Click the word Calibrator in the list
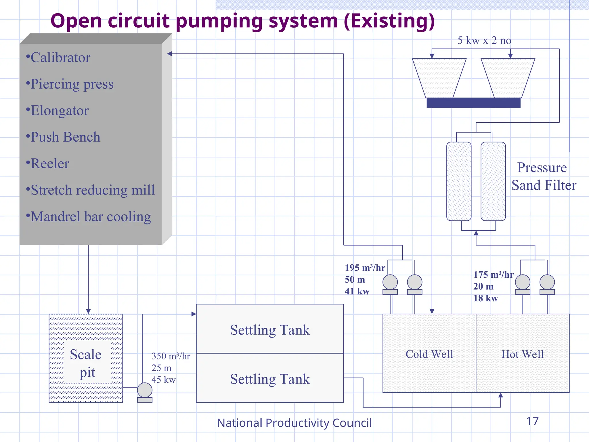click(60, 58)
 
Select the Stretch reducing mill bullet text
click(93, 190)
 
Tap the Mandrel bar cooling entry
click(91, 217)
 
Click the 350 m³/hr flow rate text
click(171, 356)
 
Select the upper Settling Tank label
click(270, 330)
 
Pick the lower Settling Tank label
click(270, 379)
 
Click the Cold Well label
click(429, 354)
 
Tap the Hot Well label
click(523, 354)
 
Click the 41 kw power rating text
click(357, 291)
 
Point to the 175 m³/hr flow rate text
click(493, 275)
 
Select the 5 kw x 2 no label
click(484, 41)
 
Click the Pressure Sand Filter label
click(543, 176)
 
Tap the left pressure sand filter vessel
click(459, 181)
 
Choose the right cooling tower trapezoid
click(508, 78)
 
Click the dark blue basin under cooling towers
click(473, 103)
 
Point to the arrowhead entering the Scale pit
click(88, 311)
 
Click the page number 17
click(532, 421)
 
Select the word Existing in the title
click(389, 21)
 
